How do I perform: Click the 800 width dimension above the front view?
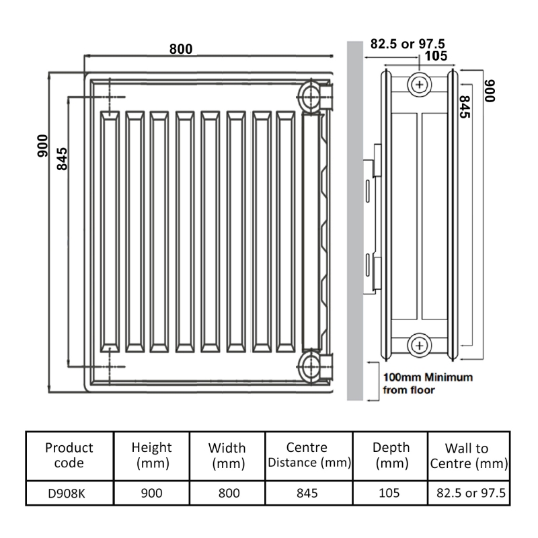pyautogui.click(x=181, y=49)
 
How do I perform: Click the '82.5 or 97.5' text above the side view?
pyautogui.click(x=408, y=44)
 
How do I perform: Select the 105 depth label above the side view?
pyautogui.click(x=438, y=56)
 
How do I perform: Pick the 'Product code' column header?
pyautogui.click(x=69, y=455)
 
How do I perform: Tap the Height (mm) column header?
pyautogui.click(x=152, y=455)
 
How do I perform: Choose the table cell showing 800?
pyautogui.click(x=229, y=493)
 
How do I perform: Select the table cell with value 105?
pyautogui.click(x=391, y=493)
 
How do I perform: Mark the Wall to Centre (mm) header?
pyautogui.click(x=467, y=455)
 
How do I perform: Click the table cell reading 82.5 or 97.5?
pyautogui.click(x=467, y=493)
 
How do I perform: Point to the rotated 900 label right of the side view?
pyautogui.click(x=490, y=89)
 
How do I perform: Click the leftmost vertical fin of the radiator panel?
pyautogui.click(x=108, y=231)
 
